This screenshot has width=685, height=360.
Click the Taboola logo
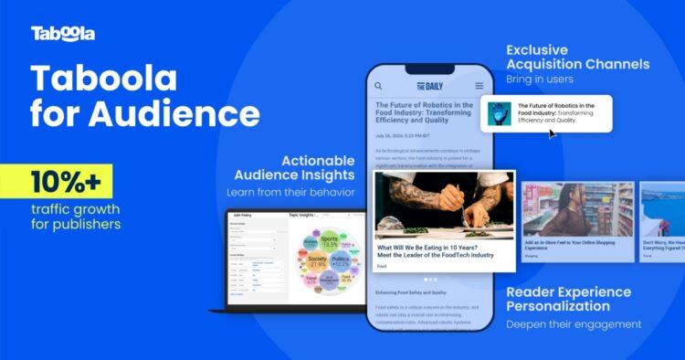click(62, 34)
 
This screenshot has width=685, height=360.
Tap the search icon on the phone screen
click(378, 86)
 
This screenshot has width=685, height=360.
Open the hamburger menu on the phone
click(479, 86)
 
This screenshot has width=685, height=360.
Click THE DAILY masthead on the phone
click(428, 86)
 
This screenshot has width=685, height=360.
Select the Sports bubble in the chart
click(329, 242)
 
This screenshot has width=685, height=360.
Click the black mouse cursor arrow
click(552, 133)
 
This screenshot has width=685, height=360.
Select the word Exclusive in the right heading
click(539, 48)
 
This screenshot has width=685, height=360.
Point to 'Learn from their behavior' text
click(290, 192)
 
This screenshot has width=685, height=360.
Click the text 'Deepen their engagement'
click(574, 323)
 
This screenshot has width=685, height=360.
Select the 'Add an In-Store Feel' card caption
click(575, 245)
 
